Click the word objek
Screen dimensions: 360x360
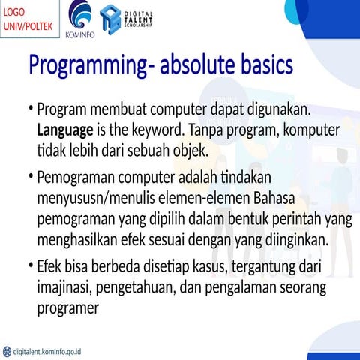tap(187, 151)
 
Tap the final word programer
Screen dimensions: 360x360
tap(68, 307)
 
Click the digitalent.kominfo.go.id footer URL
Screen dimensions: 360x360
tap(45, 350)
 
